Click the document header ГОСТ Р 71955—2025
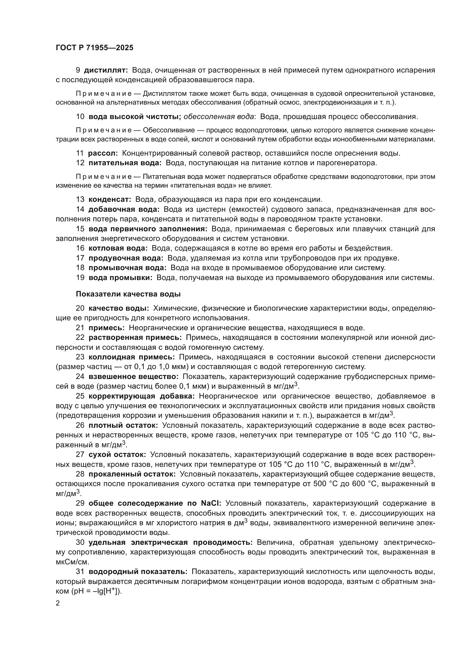(x=94, y=48)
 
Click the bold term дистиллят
(x=106, y=70)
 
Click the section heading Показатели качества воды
(x=128, y=294)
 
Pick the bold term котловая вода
(x=118, y=248)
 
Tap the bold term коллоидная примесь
(x=132, y=357)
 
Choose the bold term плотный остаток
(x=123, y=425)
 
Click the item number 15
(x=80, y=229)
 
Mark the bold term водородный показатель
(x=138, y=572)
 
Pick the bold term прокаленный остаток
(x=132, y=474)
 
